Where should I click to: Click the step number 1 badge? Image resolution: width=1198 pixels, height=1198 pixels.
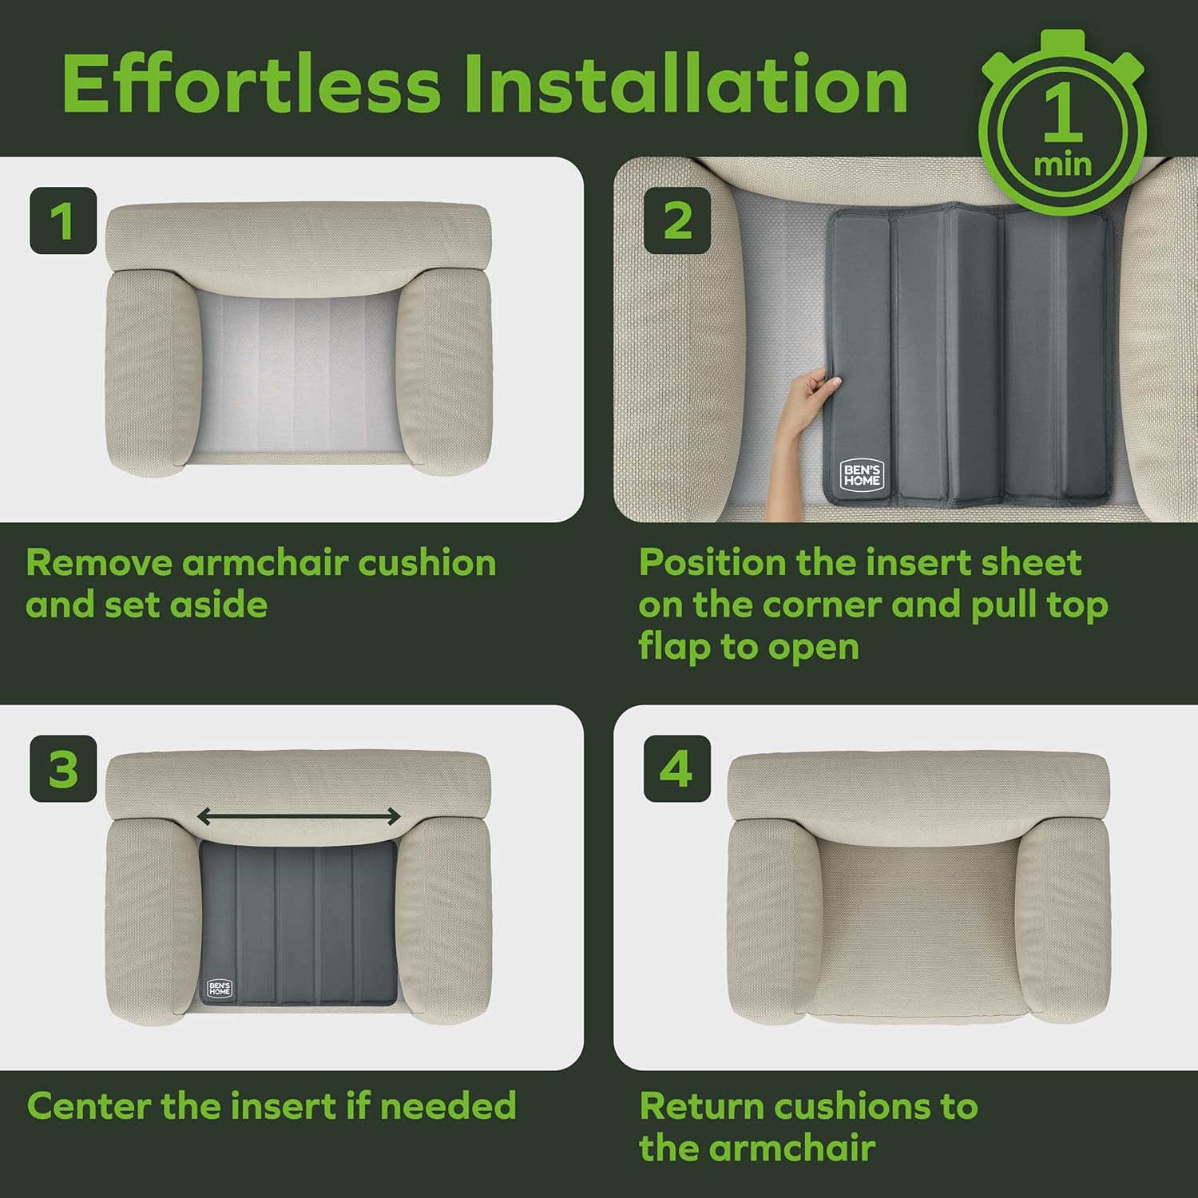(63, 220)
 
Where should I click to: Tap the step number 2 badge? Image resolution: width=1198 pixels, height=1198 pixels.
(677, 220)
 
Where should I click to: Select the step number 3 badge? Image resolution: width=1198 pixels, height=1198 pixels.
(63, 768)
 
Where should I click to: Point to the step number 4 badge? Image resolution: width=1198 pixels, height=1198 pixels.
(677, 768)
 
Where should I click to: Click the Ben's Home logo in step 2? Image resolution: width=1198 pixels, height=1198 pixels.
(862, 475)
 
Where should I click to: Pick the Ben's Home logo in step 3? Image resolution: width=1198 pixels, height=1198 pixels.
(220, 988)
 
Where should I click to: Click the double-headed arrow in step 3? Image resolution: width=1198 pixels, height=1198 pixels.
(299, 816)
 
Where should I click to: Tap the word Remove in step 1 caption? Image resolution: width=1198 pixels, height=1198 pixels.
(99, 563)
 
